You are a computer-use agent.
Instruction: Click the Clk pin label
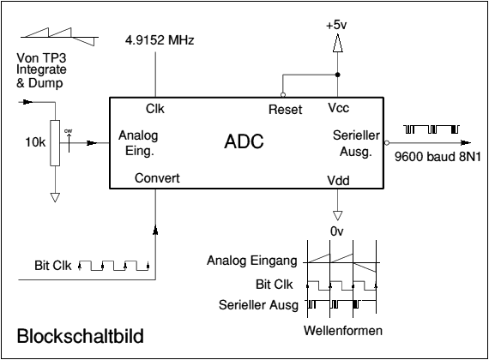click(x=155, y=109)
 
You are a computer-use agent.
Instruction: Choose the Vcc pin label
click(x=338, y=109)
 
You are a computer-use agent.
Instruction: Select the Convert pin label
click(x=158, y=179)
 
